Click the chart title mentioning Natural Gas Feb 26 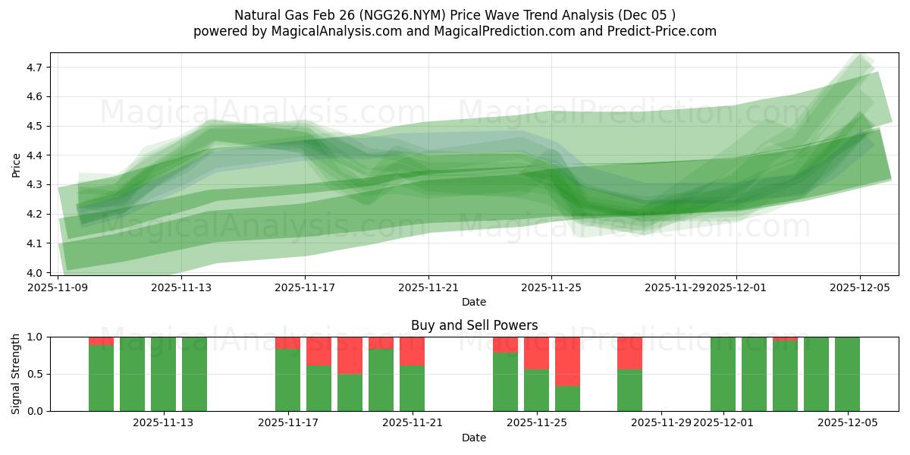coord(454,15)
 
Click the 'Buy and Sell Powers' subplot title coord(474,325)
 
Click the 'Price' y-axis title coord(17,165)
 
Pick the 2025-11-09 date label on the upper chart coord(58,287)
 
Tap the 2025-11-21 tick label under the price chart coord(428,287)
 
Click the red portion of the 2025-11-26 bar coord(567,361)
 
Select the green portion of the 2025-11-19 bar coord(350,393)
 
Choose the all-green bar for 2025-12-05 coord(847,374)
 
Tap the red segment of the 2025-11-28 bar coord(629,353)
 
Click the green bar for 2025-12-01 coord(723,374)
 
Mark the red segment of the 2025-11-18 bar coord(318,351)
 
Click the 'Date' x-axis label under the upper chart coord(474,302)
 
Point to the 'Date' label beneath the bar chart coord(474,438)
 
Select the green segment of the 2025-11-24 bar coord(505,382)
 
